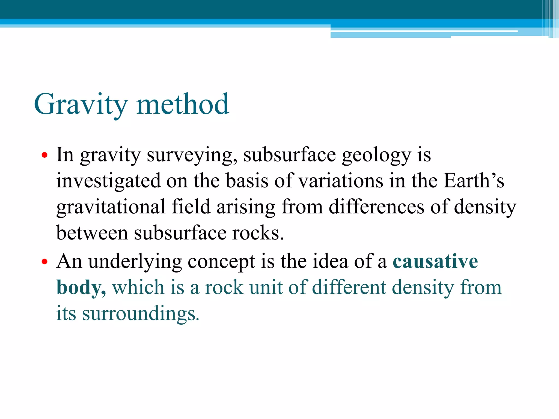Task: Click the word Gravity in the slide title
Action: [x=81, y=104]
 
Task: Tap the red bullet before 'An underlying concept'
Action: [x=44, y=262]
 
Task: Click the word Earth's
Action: [x=474, y=181]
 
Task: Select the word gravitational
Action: [x=111, y=207]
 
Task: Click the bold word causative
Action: [x=435, y=262]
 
